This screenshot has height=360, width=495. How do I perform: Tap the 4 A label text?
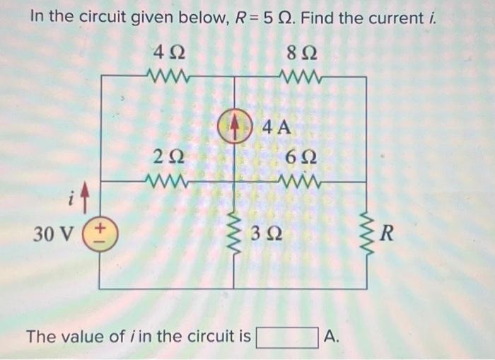[x=276, y=128]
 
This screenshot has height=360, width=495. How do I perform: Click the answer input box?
[x=286, y=337]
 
